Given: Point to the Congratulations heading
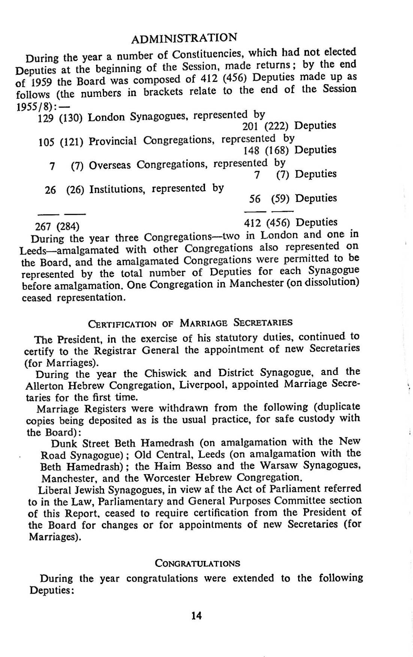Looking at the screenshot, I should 197,564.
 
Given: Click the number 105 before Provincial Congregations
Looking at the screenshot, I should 46,143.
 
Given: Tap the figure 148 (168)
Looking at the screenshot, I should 266,151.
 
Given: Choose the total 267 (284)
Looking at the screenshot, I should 57,226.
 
